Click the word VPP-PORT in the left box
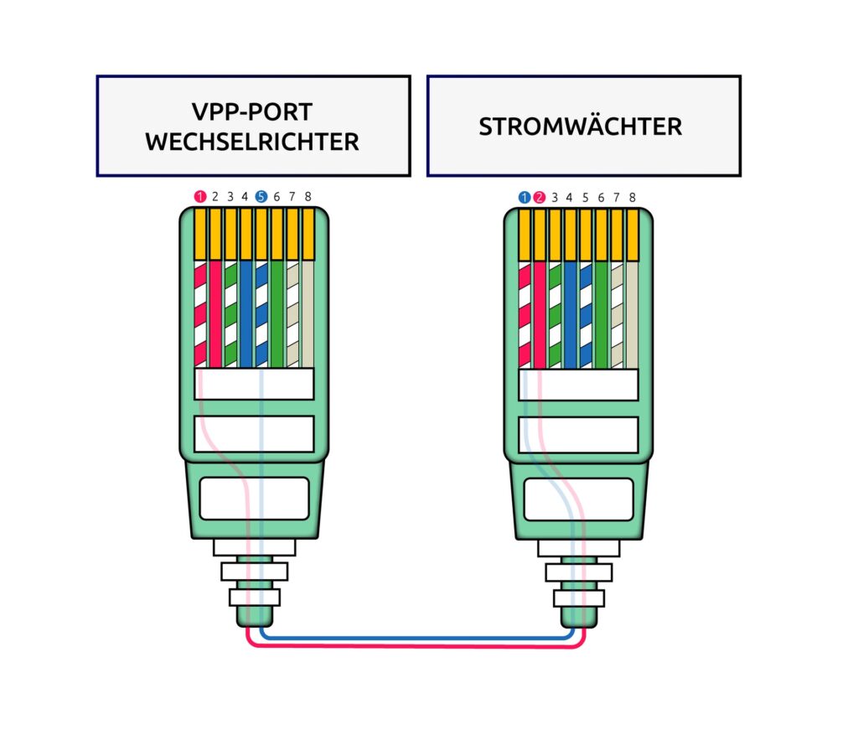[x=251, y=112]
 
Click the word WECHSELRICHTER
[x=252, y=142]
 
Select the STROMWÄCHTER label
[x=581, y=127]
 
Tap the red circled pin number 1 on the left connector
[x=200, y=196]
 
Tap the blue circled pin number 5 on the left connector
[x=261, y=196]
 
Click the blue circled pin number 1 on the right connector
[x=525, y=197]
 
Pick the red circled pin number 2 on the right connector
[x=540, y=197]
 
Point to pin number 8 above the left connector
[x=308, y=196]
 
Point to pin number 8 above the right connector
[x=632, y=197]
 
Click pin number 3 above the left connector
[x=230, y=196]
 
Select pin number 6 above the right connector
[x=601, y=197]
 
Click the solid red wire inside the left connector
[x=215, y=313]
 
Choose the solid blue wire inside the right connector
[x=570, y=315]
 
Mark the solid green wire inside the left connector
[x=277, y=313]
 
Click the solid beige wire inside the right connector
[x=632, y=315]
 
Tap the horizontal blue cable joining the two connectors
[x=417, y=638]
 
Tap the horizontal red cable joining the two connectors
[x=416, y=645]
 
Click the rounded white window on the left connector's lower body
[x=255, y=499]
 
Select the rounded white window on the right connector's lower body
[x=579, y=499]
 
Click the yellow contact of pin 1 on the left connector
[x=200, y=235]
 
